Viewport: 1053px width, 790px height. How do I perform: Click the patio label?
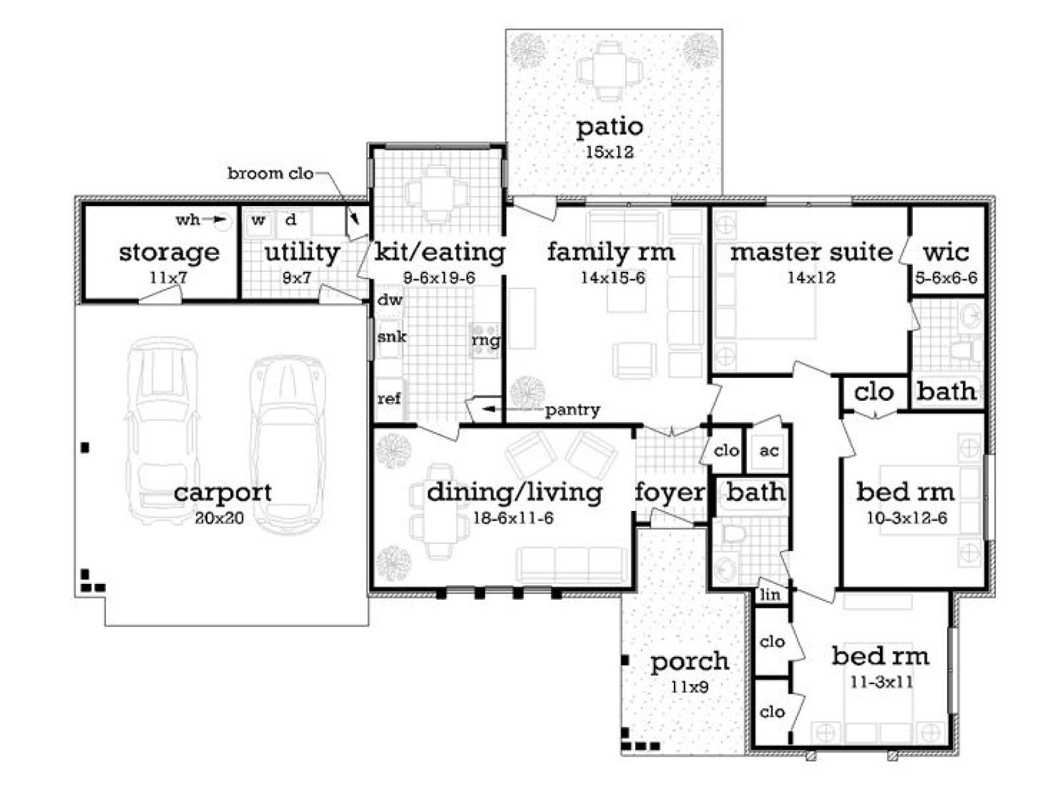[609, 127]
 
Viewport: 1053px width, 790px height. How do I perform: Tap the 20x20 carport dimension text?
[219, 518]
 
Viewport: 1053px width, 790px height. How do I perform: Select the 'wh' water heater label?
[188, 220]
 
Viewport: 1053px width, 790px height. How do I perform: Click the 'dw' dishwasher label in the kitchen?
[390, 300]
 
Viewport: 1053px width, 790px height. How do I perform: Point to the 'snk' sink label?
[392, 336]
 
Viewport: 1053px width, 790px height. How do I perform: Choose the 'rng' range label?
[486, 342]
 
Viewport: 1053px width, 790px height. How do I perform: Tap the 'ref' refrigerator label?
[389, 398]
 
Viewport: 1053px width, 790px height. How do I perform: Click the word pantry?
[573, 410]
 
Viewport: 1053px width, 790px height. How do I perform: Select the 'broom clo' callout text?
[270, 173]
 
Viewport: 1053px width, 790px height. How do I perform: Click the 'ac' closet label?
[769, 450]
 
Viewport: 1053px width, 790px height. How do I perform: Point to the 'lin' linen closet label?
[770, 594]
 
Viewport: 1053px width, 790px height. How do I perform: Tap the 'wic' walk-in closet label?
[946, 252]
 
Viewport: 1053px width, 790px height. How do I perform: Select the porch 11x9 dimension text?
[689, 687]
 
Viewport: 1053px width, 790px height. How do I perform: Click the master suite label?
[811, 252]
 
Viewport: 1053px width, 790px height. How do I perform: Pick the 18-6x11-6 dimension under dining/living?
[513, 518]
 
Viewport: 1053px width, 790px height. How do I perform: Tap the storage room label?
[169, 253]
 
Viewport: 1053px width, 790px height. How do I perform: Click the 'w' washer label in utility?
[258, 220]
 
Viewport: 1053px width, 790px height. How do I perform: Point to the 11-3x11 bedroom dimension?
[881, 682]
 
